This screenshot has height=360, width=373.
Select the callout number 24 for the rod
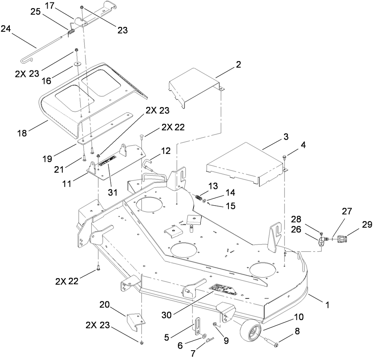coord(6,29)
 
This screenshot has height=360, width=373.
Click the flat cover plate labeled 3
coord(244,163)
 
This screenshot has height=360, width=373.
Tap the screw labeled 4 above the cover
coord(284,157)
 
